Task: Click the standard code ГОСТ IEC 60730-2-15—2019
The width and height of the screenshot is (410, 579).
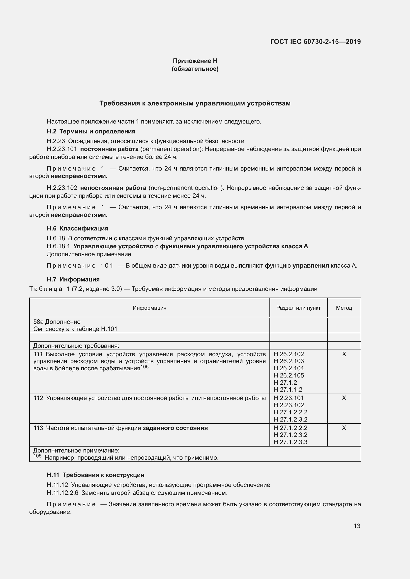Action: click(x=315, y=42)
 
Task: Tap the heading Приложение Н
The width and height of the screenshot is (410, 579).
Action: click(x=195, y=61)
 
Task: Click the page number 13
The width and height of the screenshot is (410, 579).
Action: click(x=357, y=526)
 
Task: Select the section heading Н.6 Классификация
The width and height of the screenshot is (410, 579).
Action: click(x=78, y=228)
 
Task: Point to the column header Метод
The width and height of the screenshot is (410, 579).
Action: click(x=344, y=308)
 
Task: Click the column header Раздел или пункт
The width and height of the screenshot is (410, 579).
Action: click(x=298, y=308)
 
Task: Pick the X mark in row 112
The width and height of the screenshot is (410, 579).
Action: click(x=344, y=398)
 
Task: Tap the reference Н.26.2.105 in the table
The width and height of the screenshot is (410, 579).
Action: click(x=289, y=375)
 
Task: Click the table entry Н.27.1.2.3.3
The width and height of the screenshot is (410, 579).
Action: click(x=290, y=442)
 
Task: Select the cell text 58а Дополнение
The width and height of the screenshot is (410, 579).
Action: click(x=57, y=322)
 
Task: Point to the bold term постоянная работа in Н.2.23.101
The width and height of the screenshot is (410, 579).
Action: click(x=109, y=149)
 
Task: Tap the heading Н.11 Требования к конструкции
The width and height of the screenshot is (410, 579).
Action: click(x=95, y=475)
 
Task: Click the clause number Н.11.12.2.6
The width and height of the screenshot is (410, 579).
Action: click(x=63, y=493)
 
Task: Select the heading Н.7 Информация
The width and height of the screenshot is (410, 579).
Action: click(x=73, y=279)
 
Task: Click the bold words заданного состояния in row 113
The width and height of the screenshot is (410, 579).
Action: click(x=175, y=428)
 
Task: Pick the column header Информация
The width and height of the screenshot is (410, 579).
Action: click(x=149, y=308)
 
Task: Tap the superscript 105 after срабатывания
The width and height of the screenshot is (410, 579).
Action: click(x=145, y=367)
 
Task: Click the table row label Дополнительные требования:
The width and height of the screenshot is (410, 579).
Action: click(x=76, y=346)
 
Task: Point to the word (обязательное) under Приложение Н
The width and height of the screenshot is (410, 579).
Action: click(x=195, y=69)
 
